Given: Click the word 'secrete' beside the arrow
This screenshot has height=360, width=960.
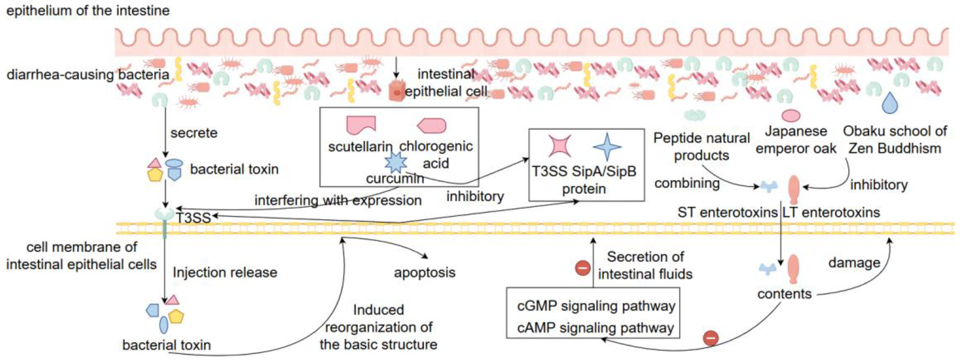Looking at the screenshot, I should pyautogui.click(x=194, y=133).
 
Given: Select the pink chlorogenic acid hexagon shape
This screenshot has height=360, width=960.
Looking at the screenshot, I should pyautogui.click(x=432, y=126).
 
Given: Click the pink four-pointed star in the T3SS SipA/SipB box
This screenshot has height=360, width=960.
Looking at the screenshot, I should pyautogui.click(x=560, y=146).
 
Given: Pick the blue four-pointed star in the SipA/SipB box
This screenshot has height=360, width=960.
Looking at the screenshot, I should pyautogui.click(x=607, y=146).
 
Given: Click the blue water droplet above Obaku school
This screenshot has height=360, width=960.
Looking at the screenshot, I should pyautogui.click(x=890, y=103).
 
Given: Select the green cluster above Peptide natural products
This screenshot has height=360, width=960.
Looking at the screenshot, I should pyautogui.click(x=695, y=115).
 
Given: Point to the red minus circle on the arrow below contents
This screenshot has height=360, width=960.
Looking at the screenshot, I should pyautogui.click(x=711, y=338).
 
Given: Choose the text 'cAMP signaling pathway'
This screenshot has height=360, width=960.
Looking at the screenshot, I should pyautogui.click(x=595, y=328).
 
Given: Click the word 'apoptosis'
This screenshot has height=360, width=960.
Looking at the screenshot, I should pyautogui.click(x=425, y=272).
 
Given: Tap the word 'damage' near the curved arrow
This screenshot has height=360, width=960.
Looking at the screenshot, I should pyautogui.click(x=854, y=263).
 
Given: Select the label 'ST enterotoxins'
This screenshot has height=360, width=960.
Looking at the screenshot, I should pyautogui.click(x=727, y=212).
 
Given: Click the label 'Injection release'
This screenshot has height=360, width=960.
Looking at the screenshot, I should pyautogui.click(x=225, y=272).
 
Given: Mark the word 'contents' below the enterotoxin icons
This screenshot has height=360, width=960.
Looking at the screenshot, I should pyautogui.click(x=784, y=294).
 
